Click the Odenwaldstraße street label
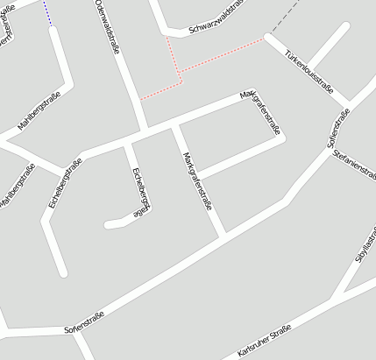[108, 27]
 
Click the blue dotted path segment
[47, 12]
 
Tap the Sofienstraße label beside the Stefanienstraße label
[336, 131]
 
